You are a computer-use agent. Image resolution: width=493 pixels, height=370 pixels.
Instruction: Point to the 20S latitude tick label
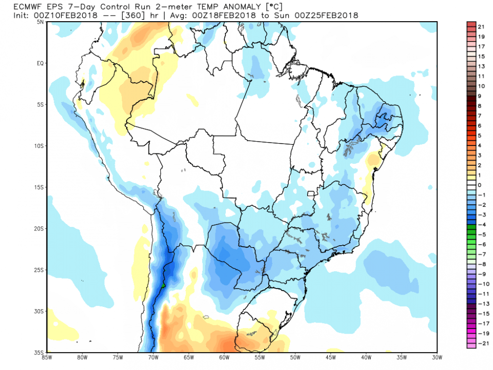coord(39,229)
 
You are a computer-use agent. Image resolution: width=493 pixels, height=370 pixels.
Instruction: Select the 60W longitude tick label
coord(223,357)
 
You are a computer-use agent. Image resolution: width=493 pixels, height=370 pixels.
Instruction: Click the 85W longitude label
coord(47,357)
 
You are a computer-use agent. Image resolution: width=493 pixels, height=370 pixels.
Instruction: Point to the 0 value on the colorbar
coord(479,185)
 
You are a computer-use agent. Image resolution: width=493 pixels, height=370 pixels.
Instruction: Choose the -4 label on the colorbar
coord(479,224)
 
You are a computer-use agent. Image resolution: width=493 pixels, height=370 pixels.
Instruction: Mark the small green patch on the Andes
coord(163,285)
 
